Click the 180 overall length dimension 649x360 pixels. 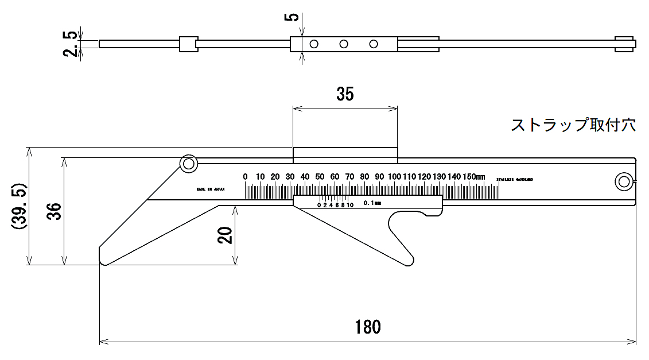click(367, 327)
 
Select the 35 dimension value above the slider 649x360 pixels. click(345, 94)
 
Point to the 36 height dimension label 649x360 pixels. click(53, 211)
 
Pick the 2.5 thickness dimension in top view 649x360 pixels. click(71, 44)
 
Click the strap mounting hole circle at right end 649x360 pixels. click(623, 182)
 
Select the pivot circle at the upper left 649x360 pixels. click(188, 164)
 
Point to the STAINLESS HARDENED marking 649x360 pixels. click(514, 180)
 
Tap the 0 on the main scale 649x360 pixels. click(245, 176)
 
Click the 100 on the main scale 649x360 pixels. click(394, 176)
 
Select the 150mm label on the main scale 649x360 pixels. click(474, 176)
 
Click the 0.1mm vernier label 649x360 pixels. click(372, 203)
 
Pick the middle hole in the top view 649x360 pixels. click(344, 44)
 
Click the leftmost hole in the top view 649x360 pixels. click(314, 44)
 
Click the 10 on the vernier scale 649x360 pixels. click(350, 204)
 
